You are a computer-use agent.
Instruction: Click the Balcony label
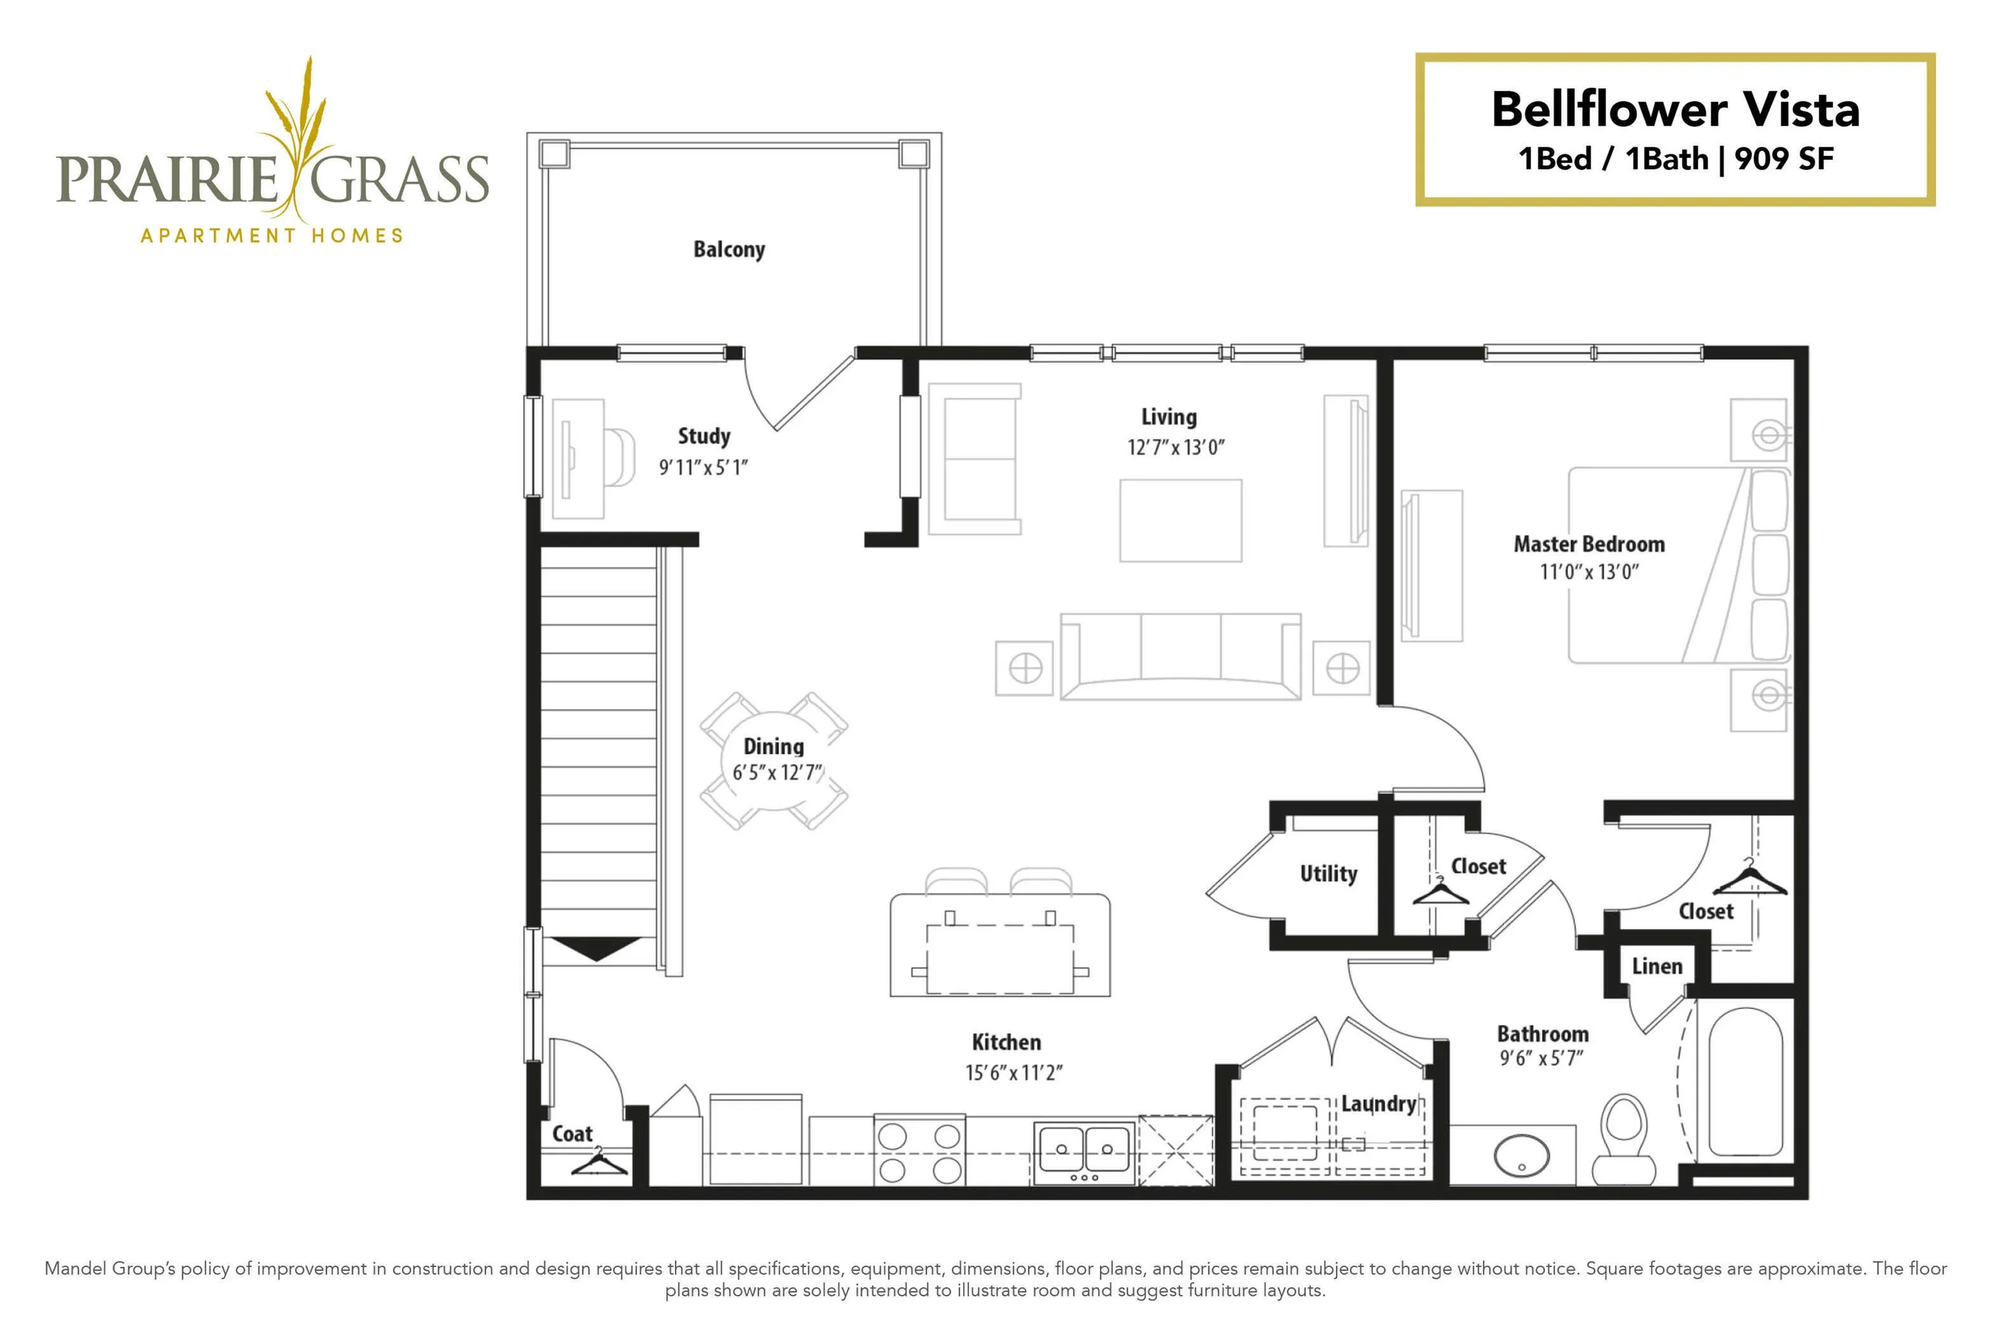coord(728,249)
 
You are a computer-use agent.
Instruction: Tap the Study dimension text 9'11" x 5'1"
coord(703,467)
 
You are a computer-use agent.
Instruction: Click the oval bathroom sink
coord(1521,1156)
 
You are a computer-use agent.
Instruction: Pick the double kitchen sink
coord(1083,1152)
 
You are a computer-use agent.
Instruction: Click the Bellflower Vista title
coord(1676,109)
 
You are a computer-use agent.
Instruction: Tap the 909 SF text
coord(1784,158)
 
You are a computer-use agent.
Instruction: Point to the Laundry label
coord(1378,1103)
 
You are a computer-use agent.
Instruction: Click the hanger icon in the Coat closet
coord(599,1161)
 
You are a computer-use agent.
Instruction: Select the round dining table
coord(774,760)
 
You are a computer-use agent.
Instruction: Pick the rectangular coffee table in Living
coord(1180,521)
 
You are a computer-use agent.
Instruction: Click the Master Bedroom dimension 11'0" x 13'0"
coord(1589,573)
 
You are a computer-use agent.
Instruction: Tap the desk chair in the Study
coord(619,457)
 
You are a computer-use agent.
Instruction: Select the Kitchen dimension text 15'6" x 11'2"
coord(1013,1073)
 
